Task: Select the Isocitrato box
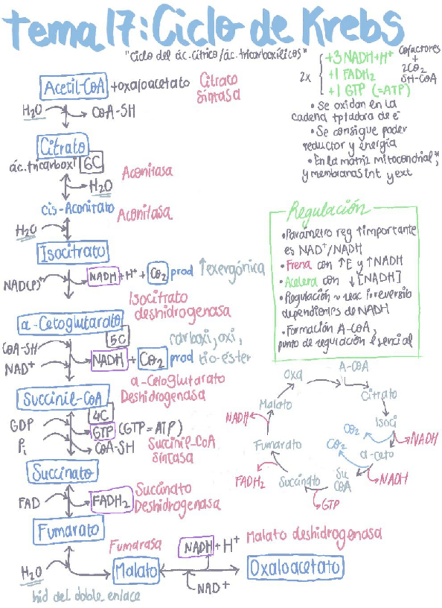tap(73, 252)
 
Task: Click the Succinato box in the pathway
tap(63, 472)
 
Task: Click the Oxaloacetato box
tap(294, 569)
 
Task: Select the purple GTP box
tap(103, 432)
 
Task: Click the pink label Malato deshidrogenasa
tap(313, 535)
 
